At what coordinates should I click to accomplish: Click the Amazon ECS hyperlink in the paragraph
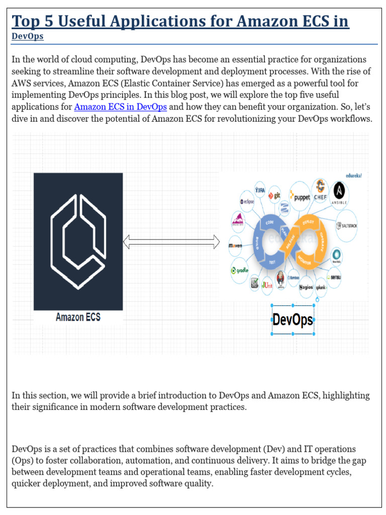[x=121, y=107]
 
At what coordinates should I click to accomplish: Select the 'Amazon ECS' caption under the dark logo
[x=78, y=317]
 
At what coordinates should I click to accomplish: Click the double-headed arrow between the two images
[x=171, y=242]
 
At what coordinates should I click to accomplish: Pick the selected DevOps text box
[x=293, y=320]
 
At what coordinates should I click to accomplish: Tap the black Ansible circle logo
[x=339, y=193]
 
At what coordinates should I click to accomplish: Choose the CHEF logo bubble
[x=320, y=191]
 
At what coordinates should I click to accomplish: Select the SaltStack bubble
[x=346, y=226]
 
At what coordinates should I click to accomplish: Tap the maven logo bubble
[x=236, y=246]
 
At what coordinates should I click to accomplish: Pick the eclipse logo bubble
[x=247, y=201]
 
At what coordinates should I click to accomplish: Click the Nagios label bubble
[x=306, y=287]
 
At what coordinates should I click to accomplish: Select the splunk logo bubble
[x=321, y=287]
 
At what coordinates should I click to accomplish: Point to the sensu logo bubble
[x=334, y=276]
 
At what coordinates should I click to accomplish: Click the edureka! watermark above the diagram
[x=354, y=176]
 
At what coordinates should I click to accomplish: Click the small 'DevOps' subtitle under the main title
[x=27, y=36]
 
